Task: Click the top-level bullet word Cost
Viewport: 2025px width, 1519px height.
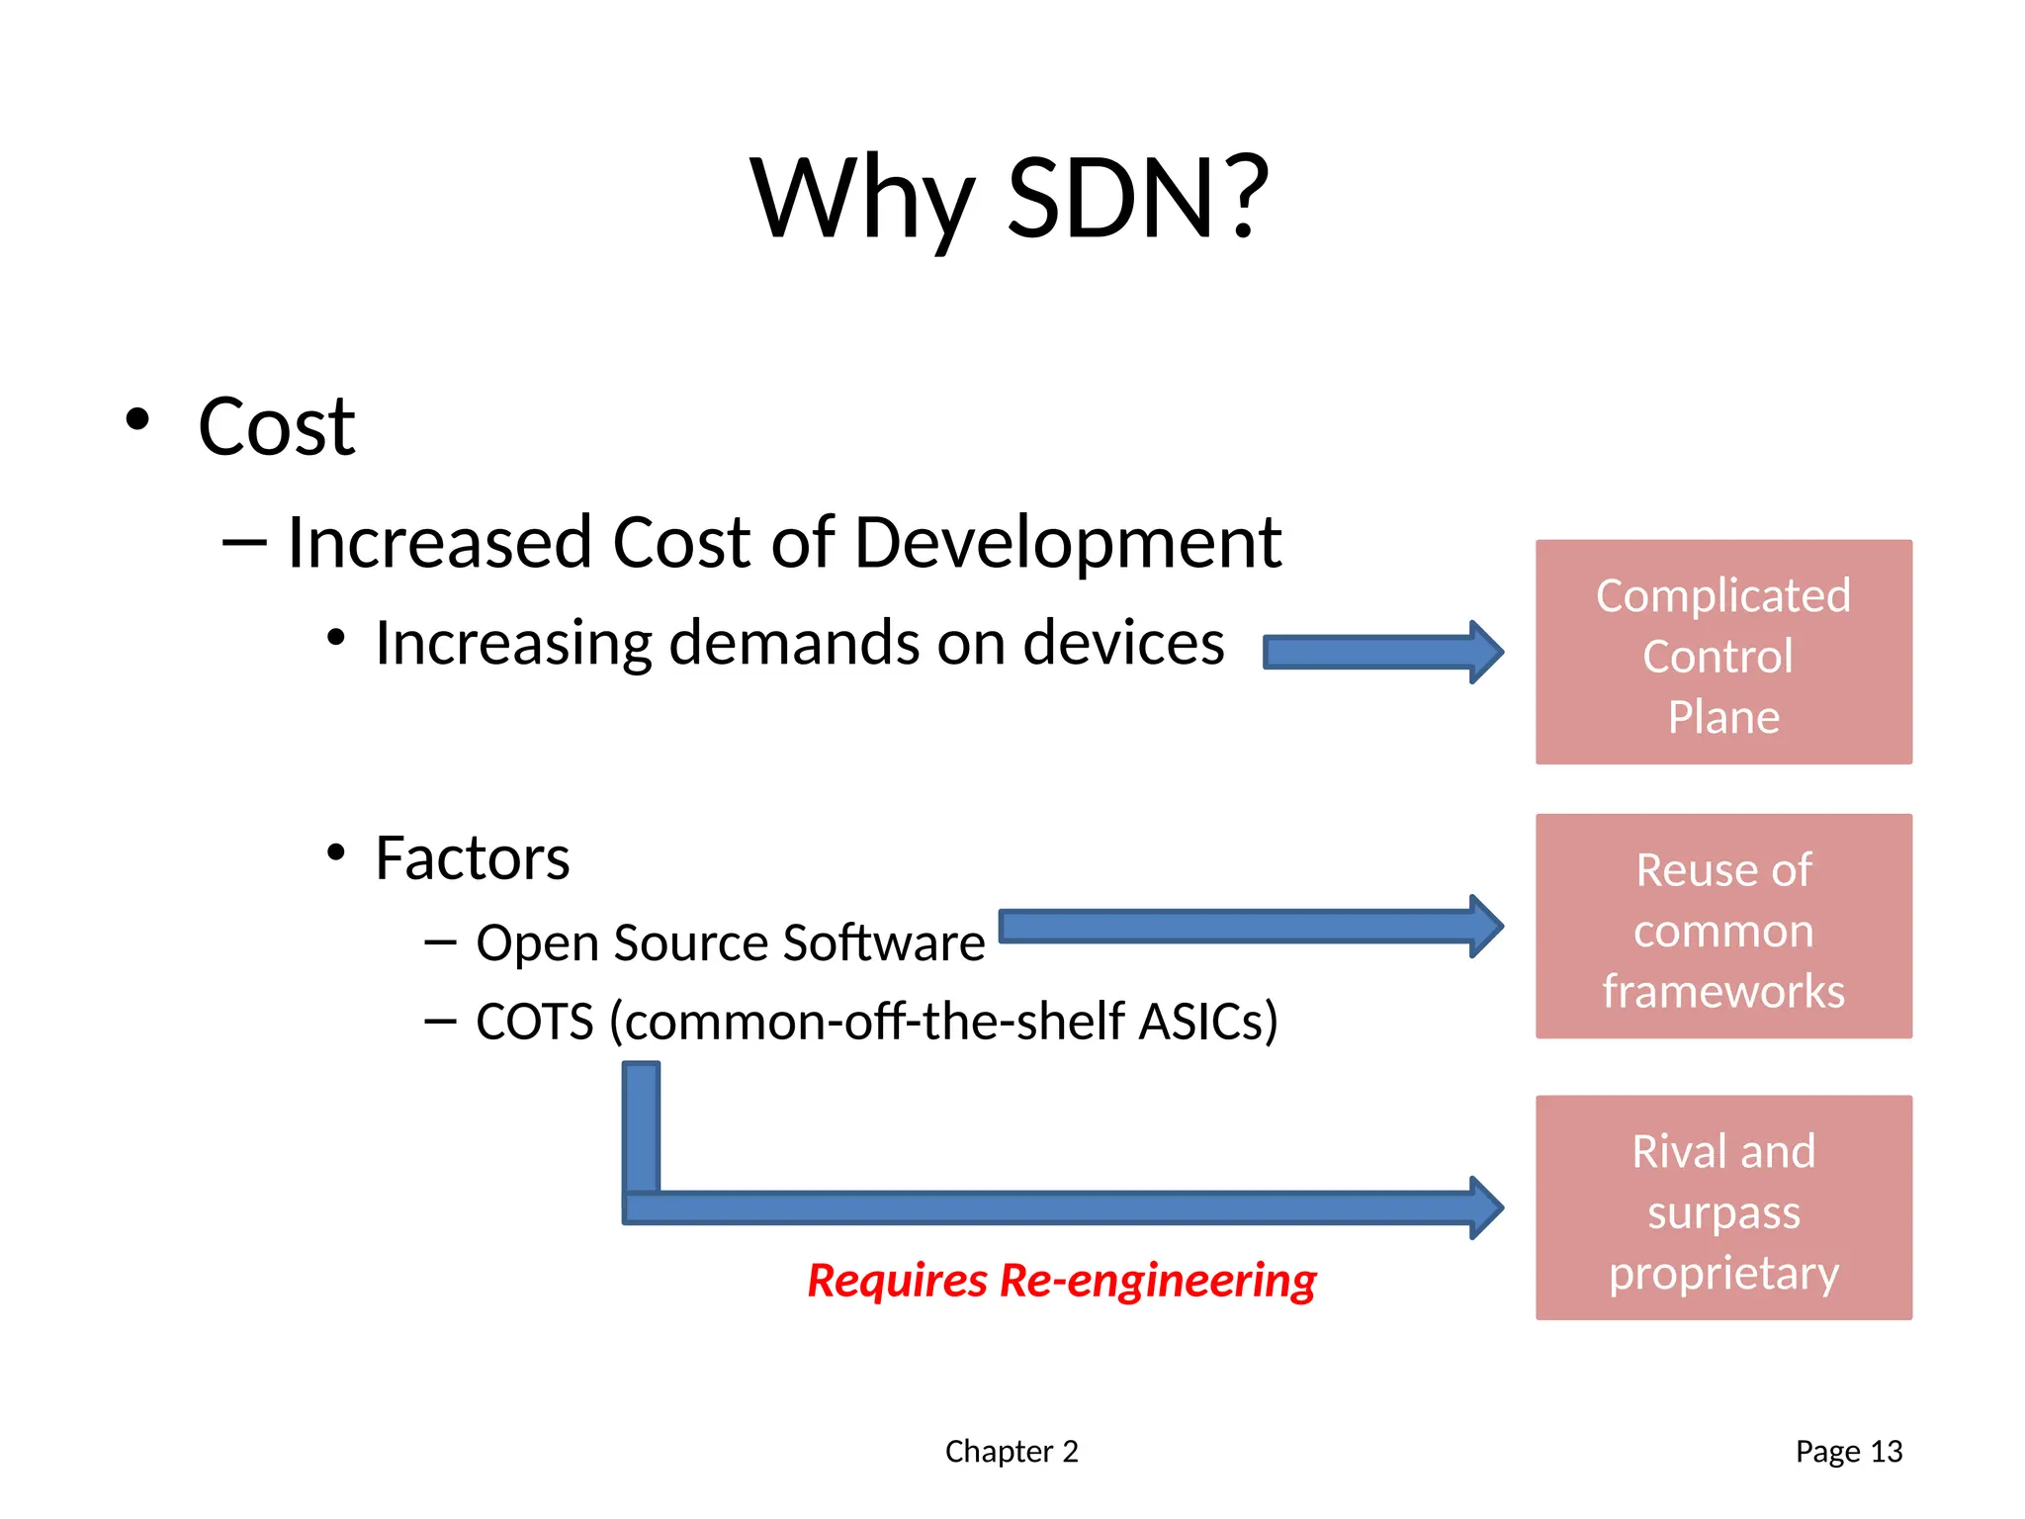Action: pos(276,427)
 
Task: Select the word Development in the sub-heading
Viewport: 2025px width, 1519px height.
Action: pos(1068,543)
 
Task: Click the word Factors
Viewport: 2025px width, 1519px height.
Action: pos(473,857)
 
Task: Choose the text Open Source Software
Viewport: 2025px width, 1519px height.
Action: pos(730,942)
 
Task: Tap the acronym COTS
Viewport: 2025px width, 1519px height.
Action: pos(534,1022)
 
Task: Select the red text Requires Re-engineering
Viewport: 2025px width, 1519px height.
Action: pos(1061,1281)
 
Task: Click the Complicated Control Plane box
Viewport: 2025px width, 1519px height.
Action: pos(1723,653)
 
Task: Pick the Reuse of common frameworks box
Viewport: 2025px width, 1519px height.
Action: pos(1723,927)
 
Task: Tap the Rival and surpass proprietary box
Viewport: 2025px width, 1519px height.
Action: pos(1723,1207)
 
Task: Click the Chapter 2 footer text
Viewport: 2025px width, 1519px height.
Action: pos(1012,1451)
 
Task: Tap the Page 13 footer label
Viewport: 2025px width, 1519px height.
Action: pos(1849,1451)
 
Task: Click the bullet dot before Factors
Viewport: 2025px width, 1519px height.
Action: pos(336,852)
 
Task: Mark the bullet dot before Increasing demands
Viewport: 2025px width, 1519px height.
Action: pos(336,638)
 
